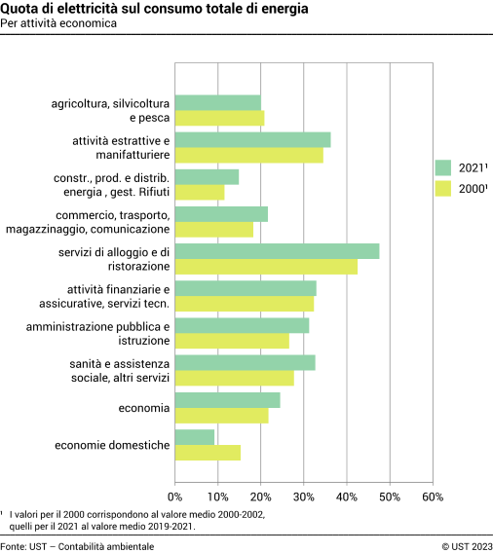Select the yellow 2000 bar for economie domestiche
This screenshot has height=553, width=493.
click(208, 453)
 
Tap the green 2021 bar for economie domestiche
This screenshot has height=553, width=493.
click(195, 438)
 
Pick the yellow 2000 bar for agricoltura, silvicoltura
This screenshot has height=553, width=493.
click(219, 118)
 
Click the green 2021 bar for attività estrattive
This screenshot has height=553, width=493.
click(252, 140)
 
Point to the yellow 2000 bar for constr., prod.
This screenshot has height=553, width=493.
click(200, 193)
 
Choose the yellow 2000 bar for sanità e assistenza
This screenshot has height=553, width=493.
click(234, 378)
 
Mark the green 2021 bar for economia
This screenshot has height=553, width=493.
click(227, 400)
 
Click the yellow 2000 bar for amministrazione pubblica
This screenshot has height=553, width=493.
click(232, 341)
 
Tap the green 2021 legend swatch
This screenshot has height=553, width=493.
click(443, 167)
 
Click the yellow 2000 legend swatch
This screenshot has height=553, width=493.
click(443, 189)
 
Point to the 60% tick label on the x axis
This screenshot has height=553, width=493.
click(433, 498)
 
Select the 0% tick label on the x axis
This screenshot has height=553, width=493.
click(175, 498)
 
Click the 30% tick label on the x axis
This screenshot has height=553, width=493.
click(304, 498)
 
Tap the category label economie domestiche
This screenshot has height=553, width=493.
click(112, 446)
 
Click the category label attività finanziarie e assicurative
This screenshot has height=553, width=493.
click(118, 297)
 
